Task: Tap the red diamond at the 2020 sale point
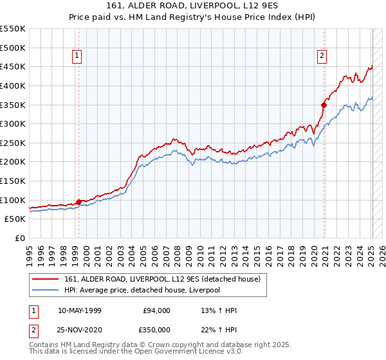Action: click(324, 104)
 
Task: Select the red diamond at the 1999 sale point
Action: click(78, 202)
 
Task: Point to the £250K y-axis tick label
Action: click(13, 143)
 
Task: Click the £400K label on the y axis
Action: click(13, 85)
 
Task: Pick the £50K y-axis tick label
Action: click(15, 219)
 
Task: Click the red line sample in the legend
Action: click(46, 279)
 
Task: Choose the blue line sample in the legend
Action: click(46, 290)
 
